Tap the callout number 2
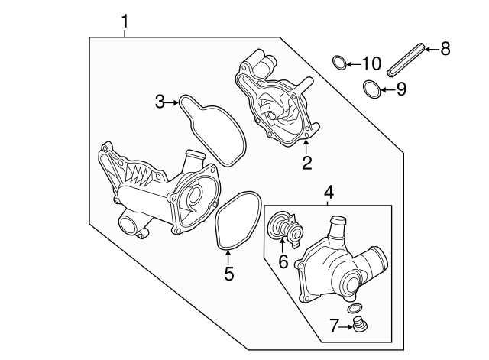[x=307, y=162]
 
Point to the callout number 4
[x=329, y=193]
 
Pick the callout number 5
[x=229, y=273]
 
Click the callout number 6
[x=282, y=262]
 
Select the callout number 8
[x=445, y=49]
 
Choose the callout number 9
[x=401, y=89]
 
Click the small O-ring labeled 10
[x=338, y=62]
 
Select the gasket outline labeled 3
[x=210, y=130]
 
